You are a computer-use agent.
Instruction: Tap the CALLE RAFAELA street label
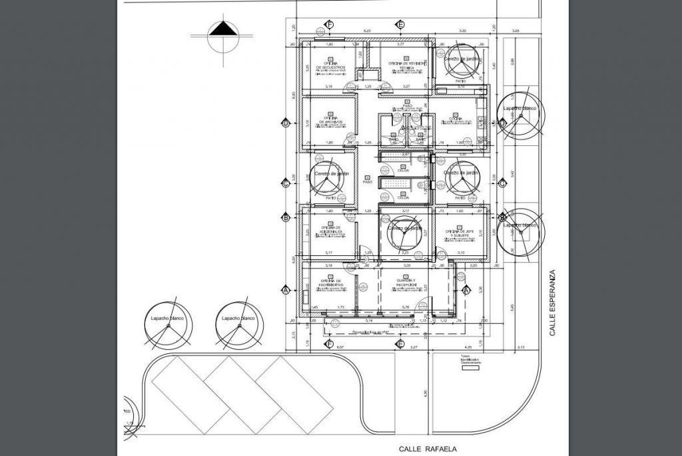point(428,449)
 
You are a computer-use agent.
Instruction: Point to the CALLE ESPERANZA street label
point(551,303)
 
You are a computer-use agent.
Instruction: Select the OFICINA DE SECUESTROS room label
point(330,66)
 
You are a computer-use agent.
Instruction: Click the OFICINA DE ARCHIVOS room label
point(330,120)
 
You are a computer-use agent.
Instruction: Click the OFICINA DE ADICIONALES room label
point(332,229)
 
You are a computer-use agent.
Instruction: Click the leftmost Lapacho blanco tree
point(167,325)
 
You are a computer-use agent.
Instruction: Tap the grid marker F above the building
point(329,25)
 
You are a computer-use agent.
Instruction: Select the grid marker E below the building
point(400,343)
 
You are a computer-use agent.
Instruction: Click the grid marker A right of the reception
point(466,290)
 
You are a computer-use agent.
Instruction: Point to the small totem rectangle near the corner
point(470,369)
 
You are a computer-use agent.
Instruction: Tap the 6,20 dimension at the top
point(366,31)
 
